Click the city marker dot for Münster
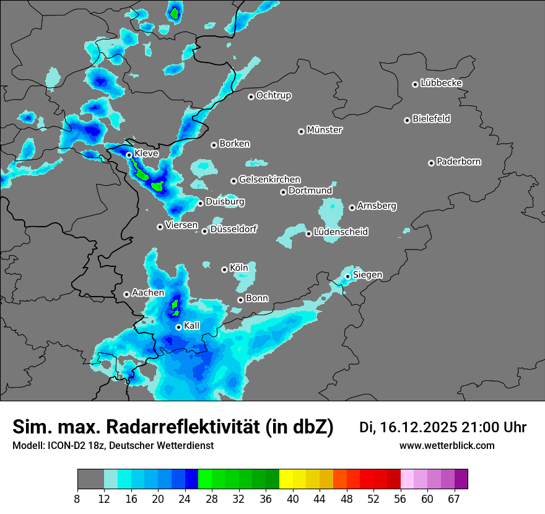(302, 131)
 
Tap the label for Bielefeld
(431, 119)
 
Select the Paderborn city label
(458, 162)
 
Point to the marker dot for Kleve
(129, 155)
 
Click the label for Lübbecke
(441, 83)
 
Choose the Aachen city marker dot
(127, 294)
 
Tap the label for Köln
(238, 268)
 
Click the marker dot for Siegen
(348, 276)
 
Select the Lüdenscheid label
(341, 232)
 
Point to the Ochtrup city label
(273, 95)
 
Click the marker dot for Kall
(178, 327)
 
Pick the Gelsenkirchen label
(269, 180)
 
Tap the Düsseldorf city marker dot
(205, 231)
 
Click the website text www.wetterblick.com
(447, 446)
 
